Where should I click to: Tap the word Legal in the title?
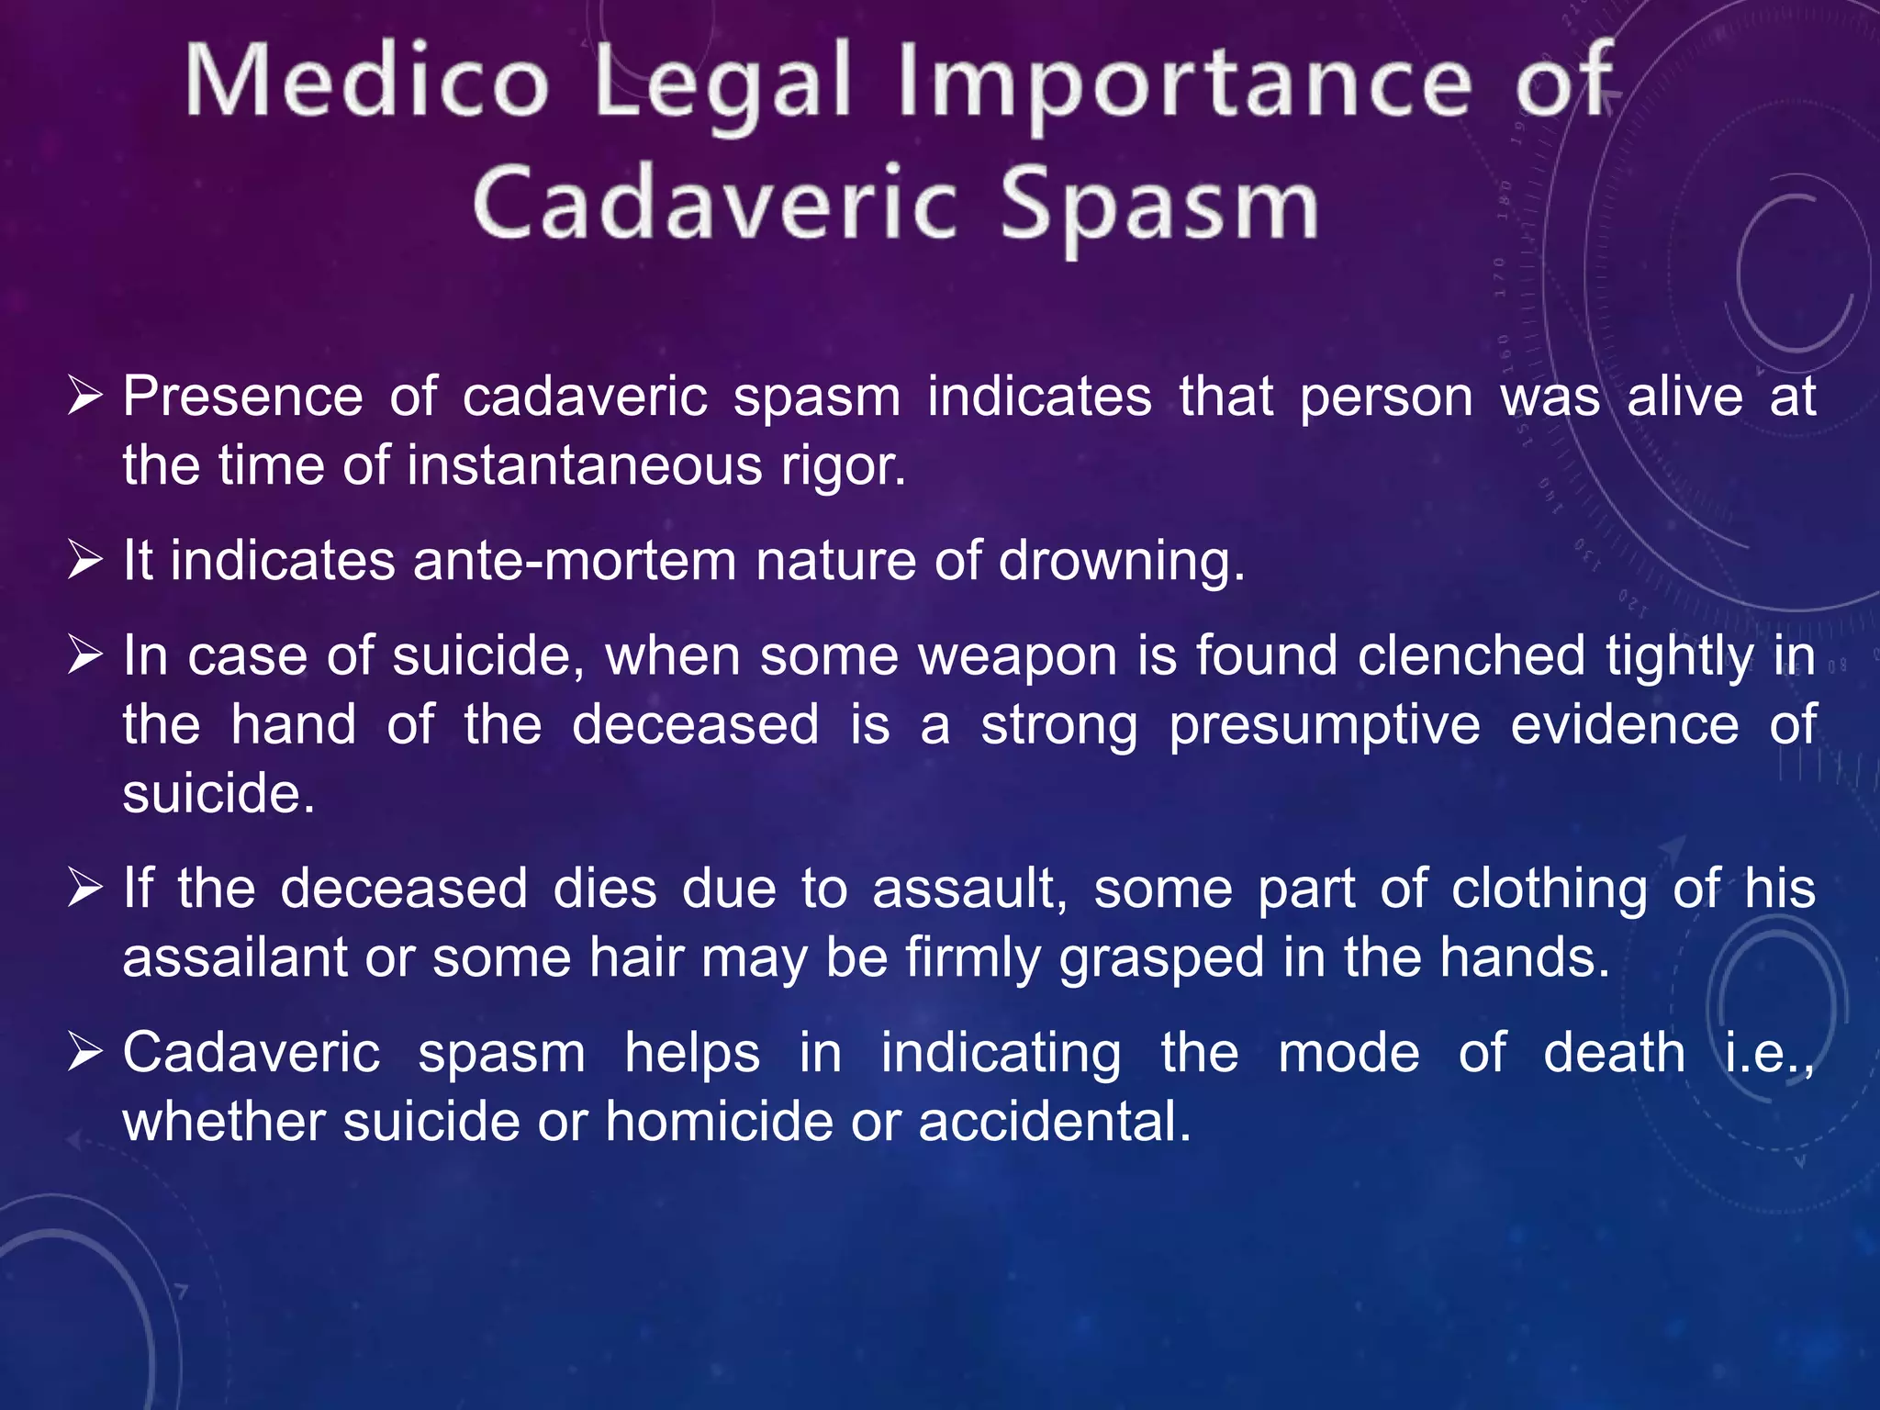725,84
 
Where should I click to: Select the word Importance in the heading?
1185,84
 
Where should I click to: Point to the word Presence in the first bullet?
243,397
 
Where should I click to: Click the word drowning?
1121,562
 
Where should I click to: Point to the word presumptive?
1325,726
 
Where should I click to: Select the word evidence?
1625,724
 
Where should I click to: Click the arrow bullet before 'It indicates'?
84,560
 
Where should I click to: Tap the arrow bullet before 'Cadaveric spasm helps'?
84,1053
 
